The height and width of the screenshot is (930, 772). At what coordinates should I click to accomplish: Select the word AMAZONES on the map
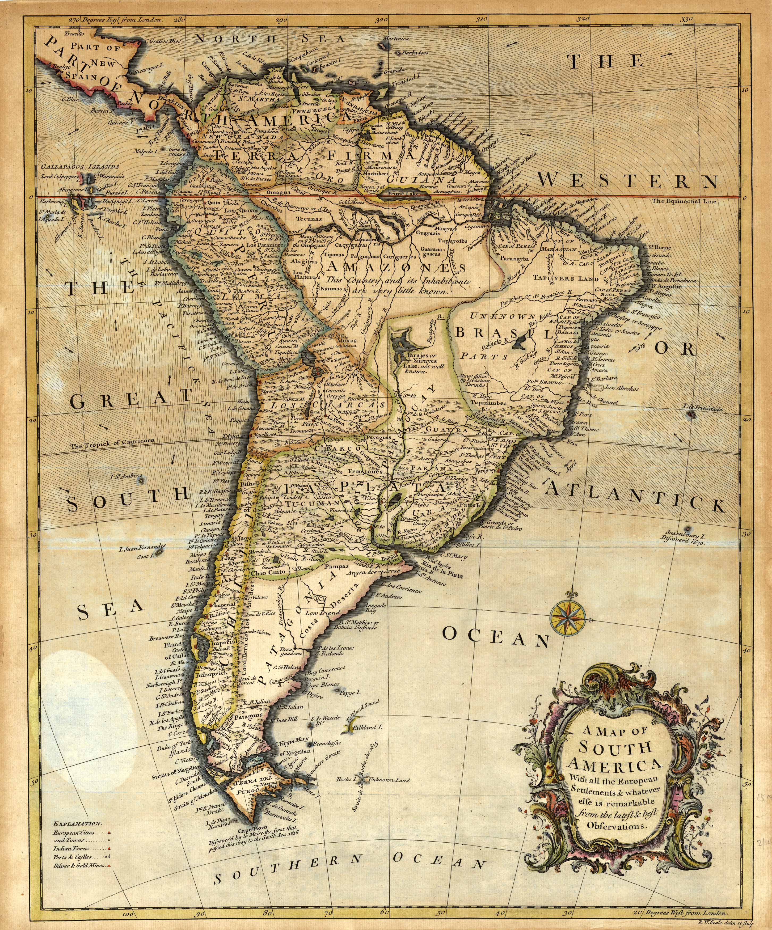point(395,268)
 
